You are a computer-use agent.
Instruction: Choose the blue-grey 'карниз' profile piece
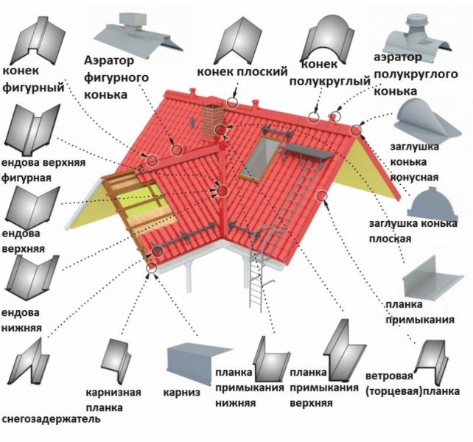195,362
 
